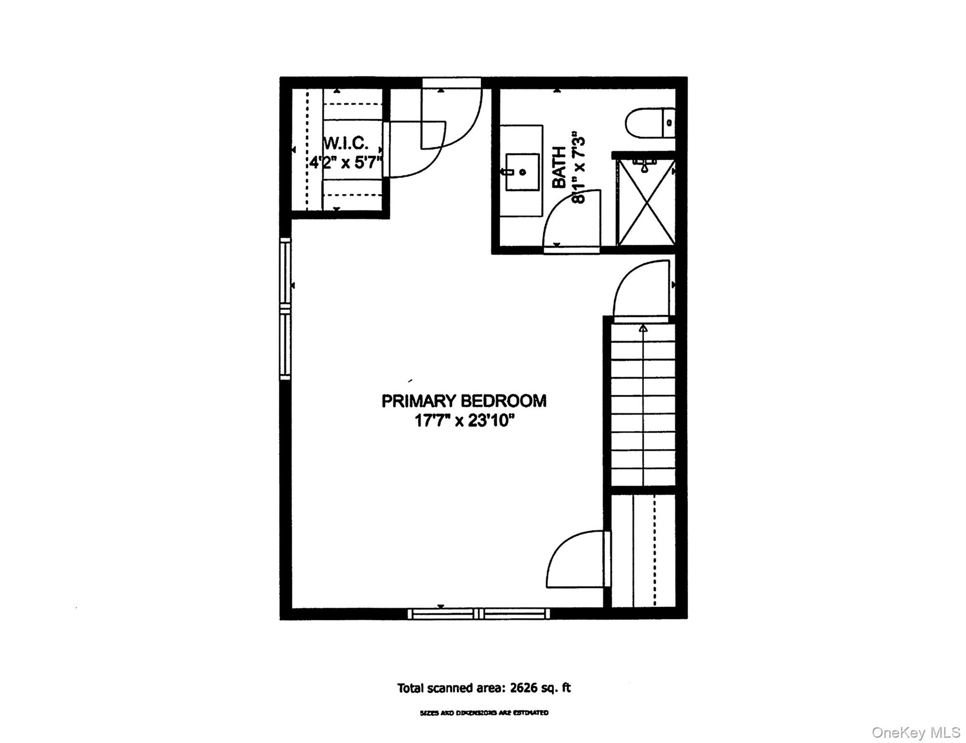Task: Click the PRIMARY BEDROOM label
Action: click(464, 401)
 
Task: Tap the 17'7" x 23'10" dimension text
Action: click(464, 421)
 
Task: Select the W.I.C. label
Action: click(346, 143)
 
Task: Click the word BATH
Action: click(559, 167)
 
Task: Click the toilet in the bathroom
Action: click(649, 123)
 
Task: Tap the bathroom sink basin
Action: click(522, 172)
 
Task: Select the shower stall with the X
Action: click(646, 203)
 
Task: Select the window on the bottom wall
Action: click(479, 614)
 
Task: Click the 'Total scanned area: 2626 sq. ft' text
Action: click(483, 688)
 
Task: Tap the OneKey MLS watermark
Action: click(916, 732)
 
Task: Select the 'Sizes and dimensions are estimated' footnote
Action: click(483, 713)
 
